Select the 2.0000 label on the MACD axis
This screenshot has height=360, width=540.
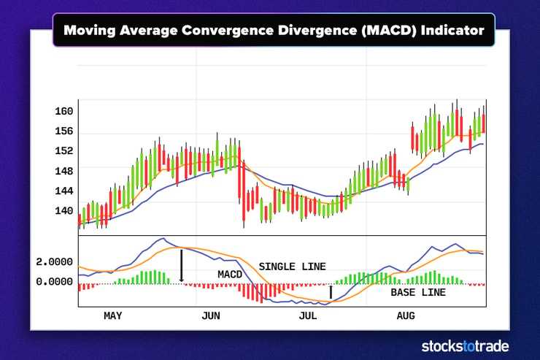coord(55,261)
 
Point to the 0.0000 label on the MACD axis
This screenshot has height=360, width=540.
coord(55,281)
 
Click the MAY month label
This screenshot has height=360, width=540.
coord(113,316)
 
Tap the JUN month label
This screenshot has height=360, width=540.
coord(210,316)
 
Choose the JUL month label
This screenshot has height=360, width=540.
coord(308,316)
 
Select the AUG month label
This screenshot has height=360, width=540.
coord(406,316)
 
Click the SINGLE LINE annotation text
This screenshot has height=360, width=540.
coord(292,267)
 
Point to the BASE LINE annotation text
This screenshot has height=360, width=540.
coord(417,293)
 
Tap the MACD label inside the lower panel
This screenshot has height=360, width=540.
coord(229,274)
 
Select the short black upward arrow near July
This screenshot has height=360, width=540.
coord(331,292)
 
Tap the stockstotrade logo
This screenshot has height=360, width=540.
coord(465,346)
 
